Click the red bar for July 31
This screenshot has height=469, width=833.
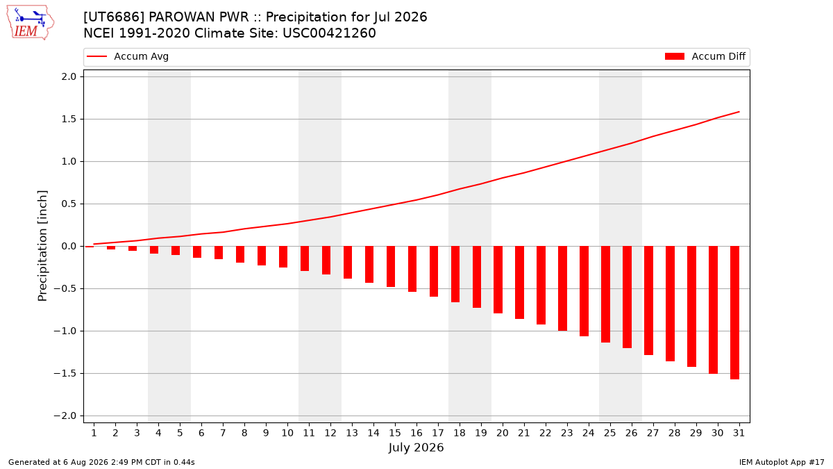(x=734, y=313)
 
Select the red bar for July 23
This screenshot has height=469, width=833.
(x=562, y=288)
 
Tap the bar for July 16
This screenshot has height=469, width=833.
(x=412, y=269)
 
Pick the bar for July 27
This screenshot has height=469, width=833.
(x=648, y=300)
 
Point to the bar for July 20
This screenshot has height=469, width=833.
(x=498, y=279)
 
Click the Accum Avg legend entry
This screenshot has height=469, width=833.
(x=128, y=56)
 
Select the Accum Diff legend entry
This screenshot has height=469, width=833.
(x=705, y=56)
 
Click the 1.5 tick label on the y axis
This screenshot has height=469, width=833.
(x=69, y=119)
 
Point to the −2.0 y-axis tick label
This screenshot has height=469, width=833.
(x=65, y=415)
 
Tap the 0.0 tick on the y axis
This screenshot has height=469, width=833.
(x=69, y=247)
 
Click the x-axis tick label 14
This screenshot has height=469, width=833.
(x=373, y=433)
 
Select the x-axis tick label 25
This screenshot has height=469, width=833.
(x=610, y=433)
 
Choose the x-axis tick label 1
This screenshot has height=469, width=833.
(x=94, y=433)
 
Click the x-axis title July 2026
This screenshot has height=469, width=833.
(x=416, y=447)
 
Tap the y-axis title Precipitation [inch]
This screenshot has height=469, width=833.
(x=42, y=246)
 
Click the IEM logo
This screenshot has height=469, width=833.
(x=30, y=23)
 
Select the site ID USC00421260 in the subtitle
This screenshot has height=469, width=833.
(x=329, y=33)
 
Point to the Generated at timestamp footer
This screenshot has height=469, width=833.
(x=101, y=462)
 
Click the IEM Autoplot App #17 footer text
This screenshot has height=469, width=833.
(x=782, y=462)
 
